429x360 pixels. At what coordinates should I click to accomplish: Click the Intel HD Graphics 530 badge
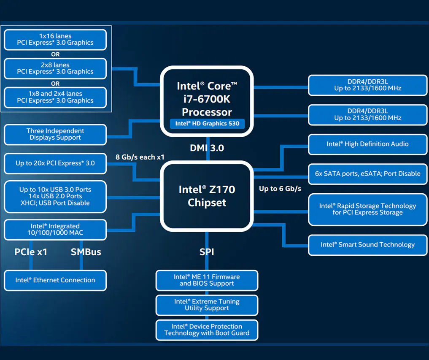click(x=207, y=124)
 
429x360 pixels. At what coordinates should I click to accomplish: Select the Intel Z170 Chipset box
click(x=207, y=196)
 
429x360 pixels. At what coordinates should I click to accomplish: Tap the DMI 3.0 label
click(x=207, y=148)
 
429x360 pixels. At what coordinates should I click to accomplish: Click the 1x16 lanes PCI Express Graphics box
click(x=55, y=40)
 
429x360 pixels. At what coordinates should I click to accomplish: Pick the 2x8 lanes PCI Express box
click(x=55, y=68)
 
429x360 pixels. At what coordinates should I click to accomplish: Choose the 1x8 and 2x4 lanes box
click(x=55, y=97)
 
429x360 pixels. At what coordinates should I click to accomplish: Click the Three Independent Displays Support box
click(x=55, y=134)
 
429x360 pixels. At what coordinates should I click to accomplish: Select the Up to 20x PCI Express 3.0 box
click(x=55, y=163)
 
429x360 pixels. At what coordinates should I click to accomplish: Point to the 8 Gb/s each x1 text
click(x=140, y=157)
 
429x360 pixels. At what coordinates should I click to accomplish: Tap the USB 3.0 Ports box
click(x=55, y=196)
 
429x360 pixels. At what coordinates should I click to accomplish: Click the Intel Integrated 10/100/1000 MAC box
click(x=55, y=230)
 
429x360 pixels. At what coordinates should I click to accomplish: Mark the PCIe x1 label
click(x=31, y=252)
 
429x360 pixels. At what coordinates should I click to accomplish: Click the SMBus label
click(x=86, y=252)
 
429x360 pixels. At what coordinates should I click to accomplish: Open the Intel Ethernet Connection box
click(x=55, y=280)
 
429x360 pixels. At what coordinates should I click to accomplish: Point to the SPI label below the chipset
click(x=207, y=252)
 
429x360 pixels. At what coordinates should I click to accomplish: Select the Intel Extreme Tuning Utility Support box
click(x=207, y=305)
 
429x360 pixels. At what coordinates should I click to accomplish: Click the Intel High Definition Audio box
click(x=367, y=144)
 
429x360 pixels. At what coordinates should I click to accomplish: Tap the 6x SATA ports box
click(x=367, y=174)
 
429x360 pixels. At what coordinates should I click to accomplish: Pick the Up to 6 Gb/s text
click(x=280, y=189)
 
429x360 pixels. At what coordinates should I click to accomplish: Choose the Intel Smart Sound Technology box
click(x=367, y=245)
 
